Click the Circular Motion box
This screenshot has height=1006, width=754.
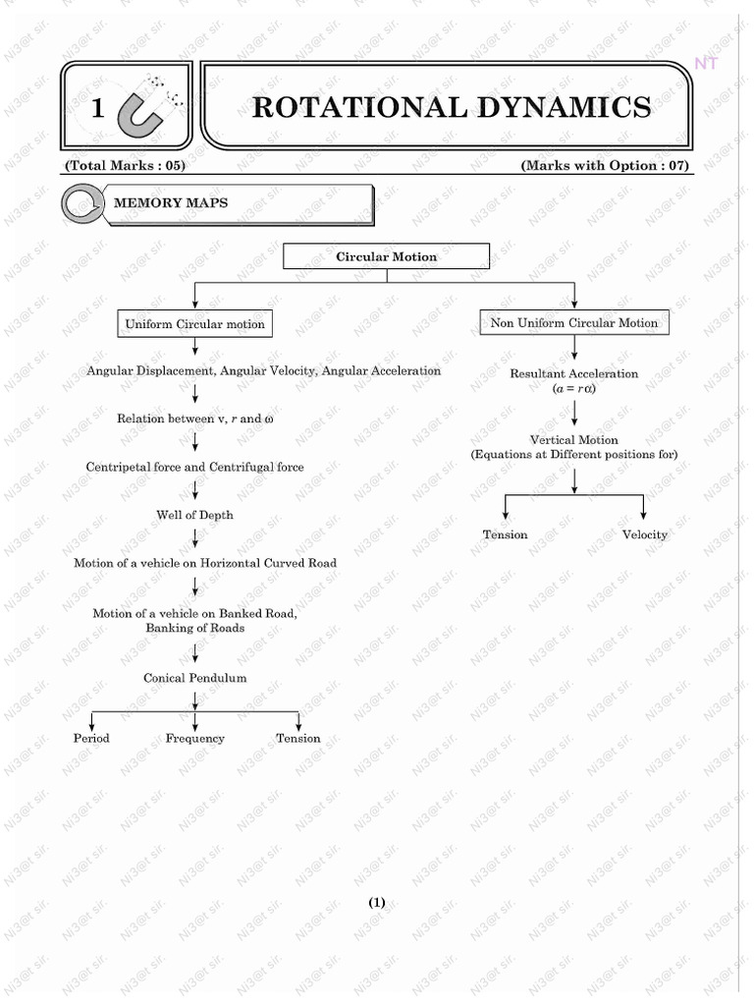tap(386, 256)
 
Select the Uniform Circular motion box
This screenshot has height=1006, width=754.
tap(194, 323)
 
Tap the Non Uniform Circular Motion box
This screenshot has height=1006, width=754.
tap(574, 322)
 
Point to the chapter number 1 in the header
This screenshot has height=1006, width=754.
tap(97, 109)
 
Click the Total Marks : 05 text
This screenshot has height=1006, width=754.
tap(124, 165)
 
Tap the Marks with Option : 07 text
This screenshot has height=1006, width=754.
tap(606, 165)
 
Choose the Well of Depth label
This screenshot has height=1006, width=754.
tap(194, 515)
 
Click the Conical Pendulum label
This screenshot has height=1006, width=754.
tap(194, 678)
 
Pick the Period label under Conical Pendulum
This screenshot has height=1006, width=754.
tap(91, 738)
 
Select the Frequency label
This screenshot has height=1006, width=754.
tap(194, 738)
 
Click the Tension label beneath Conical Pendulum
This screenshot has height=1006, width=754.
tap(297, 738)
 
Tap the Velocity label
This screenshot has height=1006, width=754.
tap(644, 534)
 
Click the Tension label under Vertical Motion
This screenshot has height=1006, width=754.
tap(505, 534)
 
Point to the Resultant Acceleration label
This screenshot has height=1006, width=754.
tap(574, 373)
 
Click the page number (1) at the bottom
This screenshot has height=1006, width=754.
tap(378, 903)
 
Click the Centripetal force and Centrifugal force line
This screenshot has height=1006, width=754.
tap(194, 467)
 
